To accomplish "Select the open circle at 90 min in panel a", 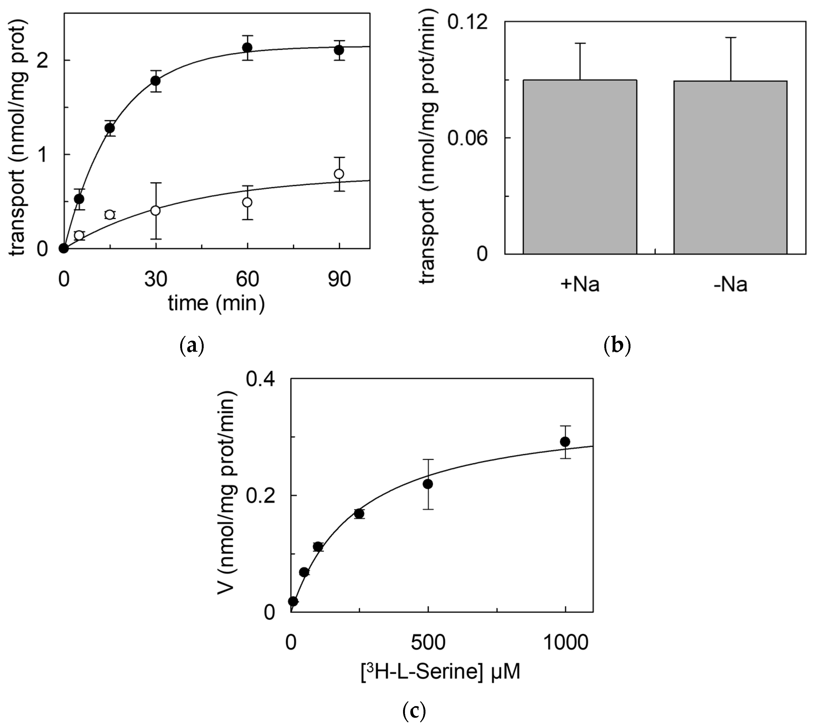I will tap(339, 174).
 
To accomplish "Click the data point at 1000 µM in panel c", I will tap(565, 442).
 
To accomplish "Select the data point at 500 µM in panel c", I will tap(428, 484).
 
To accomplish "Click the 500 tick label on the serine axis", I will tap(428, 642).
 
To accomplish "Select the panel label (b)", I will tap(617, 345).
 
